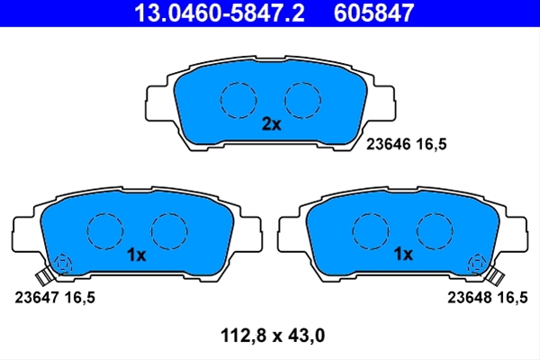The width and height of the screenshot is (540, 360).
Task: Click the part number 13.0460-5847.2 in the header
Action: (x=220, y=13)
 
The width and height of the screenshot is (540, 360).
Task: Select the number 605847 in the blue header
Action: (x=373, y=13)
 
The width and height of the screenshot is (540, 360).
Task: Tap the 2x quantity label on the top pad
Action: (x=272, y=124)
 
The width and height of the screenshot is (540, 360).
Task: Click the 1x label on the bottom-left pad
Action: (x=137, y=255)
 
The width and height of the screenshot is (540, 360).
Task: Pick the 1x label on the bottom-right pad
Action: (x=403, y=254)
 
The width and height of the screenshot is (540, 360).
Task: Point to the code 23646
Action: (x=389, y=144)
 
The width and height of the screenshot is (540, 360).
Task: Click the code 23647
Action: (x=37, y=297)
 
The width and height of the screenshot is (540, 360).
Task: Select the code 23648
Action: (x=470, y=297)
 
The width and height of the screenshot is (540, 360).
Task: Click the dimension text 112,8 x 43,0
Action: (x=273, y=336)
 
